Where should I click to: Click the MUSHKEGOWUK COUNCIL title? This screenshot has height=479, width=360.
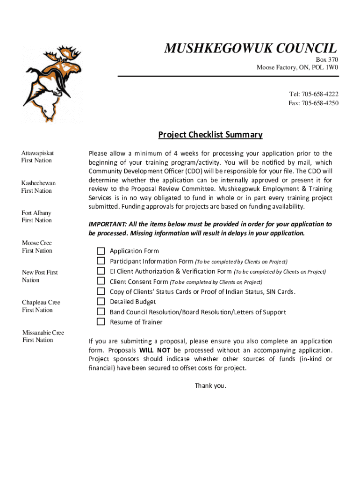point(250,48)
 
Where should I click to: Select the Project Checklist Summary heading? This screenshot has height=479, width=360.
point(210,135)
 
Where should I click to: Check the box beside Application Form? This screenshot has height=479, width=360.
point(101,251)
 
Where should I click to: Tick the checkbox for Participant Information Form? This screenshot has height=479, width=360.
point(101,261)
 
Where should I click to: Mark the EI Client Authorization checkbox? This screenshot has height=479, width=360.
point(101,271)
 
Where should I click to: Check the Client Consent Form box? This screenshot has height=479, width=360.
point(101,281)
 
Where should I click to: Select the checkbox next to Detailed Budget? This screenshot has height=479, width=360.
point(101,302)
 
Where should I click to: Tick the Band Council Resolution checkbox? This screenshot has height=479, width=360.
point(101,312)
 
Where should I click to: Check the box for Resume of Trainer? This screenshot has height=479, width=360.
point(101,322)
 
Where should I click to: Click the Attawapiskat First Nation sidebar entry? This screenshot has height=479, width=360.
point(37,157)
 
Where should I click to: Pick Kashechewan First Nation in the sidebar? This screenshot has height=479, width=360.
point(38,187)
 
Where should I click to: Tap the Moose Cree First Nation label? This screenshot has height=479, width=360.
point(37,247)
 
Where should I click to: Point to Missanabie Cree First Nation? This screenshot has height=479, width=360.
point(43,336)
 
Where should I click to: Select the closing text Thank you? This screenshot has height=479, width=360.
point(210,386)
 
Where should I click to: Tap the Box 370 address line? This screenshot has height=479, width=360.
point(327,59)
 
